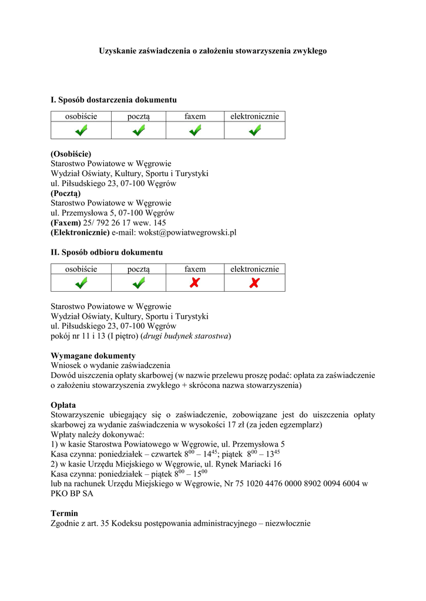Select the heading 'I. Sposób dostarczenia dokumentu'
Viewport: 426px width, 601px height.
tap(113, 100)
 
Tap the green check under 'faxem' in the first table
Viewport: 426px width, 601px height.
tap(195, 130)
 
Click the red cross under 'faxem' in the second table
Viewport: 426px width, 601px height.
tap(195, 283)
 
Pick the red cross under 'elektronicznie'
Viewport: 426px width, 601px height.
tap(254, 283)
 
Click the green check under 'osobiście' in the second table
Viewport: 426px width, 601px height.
tap(80, 283)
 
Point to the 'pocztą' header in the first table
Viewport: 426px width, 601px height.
tap(139, 116)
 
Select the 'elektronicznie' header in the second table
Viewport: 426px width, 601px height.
tap(254, 269)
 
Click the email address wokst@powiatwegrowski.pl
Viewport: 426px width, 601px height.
tap(187, 232)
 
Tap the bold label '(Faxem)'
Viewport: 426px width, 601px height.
tap(66, 222)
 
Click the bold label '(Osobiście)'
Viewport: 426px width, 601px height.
tap(71, 154)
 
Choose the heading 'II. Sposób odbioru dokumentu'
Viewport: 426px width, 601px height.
tap(107, 252)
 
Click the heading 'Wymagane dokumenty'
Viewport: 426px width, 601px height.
tap(93, 356)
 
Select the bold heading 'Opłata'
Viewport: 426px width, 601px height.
tap(63, 405)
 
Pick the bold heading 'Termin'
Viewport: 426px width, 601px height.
tap(64, 513)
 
